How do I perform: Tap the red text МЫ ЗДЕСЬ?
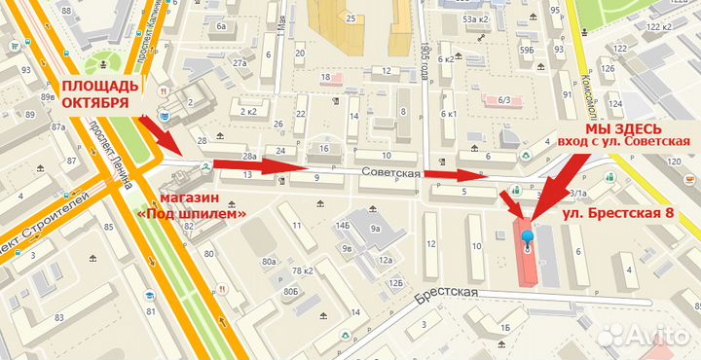click(624, 128)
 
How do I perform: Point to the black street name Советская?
click(389, 172)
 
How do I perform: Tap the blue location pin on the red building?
click(528, 238)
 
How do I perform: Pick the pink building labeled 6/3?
click(504, 98)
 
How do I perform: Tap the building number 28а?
click(249, 157)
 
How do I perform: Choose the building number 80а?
click(269, 262)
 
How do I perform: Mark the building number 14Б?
click(342, 225)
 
